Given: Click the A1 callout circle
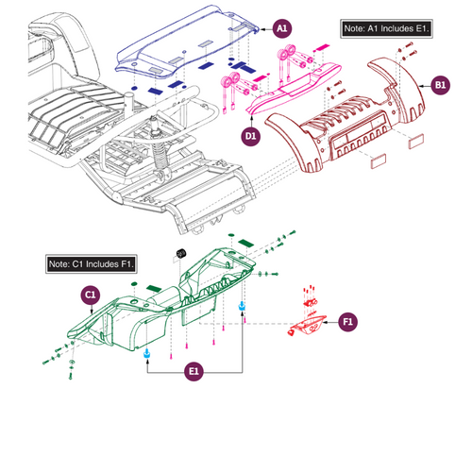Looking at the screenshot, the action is coord(282,28).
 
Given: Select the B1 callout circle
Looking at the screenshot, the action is coord(440,85).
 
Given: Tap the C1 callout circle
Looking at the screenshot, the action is coord(91,295).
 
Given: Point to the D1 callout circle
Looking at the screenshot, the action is coord(251,136).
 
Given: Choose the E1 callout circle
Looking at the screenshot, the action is coord(194,371).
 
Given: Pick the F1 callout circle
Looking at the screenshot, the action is coord(347,322).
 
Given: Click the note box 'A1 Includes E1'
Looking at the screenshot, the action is coord(386,28).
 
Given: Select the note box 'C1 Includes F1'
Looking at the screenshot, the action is coord(92,263).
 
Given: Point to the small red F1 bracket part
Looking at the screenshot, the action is coord(308,325).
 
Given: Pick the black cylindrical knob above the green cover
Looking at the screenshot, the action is coord(180,253).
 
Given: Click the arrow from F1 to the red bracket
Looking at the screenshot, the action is coord(331,322).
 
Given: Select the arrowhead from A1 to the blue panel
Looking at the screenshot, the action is coord(261,29).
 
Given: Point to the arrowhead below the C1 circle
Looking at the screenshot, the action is coord(92,312).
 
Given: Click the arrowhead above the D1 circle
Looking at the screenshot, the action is coord(251,118).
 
